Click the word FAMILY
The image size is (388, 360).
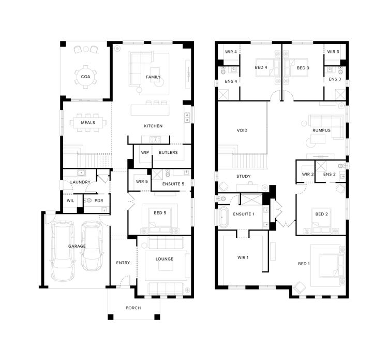[x=153, y=77]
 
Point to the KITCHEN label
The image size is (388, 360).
[x=153, y=126]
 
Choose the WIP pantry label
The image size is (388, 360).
[x=144, y=153]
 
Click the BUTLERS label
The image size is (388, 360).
[x=168, y=153]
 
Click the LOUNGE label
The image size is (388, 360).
[x=164, y=258]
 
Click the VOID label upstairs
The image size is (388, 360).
[x=242, y=131]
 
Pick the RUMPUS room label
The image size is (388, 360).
[x=321, y=130]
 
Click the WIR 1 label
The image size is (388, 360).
[x=243, y=257]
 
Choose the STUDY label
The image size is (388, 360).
[x=243, y=177]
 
